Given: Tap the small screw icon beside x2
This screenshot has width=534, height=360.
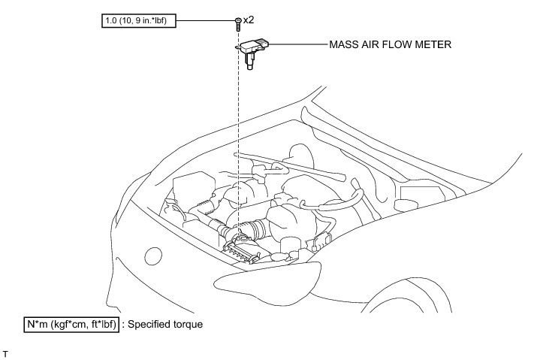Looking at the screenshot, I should (x=237, y=23).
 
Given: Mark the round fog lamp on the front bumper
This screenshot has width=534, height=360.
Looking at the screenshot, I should (x=153, y=256).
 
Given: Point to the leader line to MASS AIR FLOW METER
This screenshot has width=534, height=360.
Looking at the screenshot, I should (x=297, y=45).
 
